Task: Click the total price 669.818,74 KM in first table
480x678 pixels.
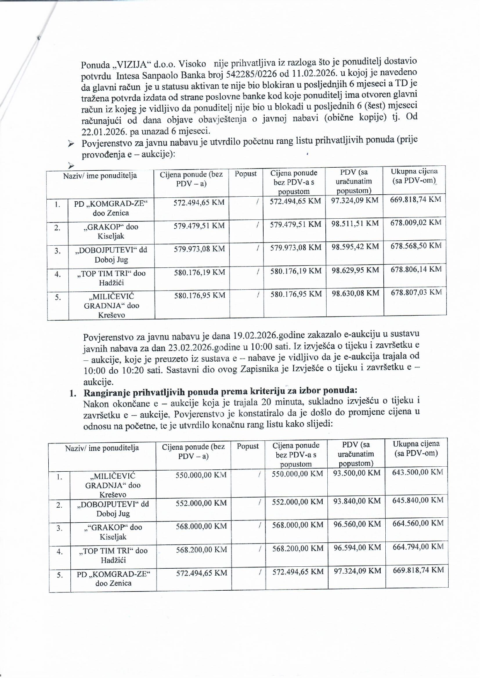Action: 415,199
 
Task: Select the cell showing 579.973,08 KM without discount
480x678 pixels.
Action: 199,249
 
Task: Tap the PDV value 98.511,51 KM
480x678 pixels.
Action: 355,224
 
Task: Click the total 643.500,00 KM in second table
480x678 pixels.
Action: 417,472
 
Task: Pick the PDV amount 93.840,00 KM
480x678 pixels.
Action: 357,501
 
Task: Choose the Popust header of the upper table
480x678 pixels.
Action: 245,174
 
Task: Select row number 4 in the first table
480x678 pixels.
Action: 58,274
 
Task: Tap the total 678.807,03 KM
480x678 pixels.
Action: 416,292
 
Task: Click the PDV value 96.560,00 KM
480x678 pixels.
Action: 357,524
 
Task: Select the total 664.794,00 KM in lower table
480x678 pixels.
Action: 417,547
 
